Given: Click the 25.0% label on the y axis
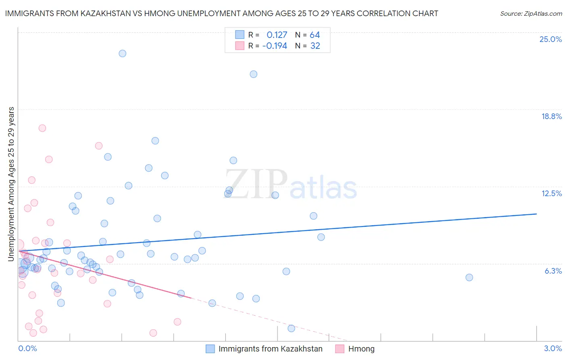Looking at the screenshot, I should [550, 39].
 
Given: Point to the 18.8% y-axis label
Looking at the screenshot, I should [551, 116].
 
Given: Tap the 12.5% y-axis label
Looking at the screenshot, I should [551, 193].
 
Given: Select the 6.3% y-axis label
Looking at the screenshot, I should [553, 271].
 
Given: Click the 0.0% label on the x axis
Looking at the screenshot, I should [27, 348].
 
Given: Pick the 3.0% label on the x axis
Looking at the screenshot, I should [552, 348].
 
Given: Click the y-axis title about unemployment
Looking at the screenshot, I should [11, 184].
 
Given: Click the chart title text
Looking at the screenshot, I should [221, 13].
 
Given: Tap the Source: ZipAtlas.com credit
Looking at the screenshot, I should [531, 13].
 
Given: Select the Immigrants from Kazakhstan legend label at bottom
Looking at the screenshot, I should [270, 349].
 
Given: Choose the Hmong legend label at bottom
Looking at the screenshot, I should [361, 349].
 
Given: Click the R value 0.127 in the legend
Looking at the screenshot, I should [277, 35].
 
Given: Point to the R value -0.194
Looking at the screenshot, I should [275, 46].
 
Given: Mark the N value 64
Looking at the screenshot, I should [315, 35].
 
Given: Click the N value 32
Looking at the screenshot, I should [315, 46].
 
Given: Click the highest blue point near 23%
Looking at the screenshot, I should [122, 53].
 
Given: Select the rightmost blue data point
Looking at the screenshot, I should [469, 277].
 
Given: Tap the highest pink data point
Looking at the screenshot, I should [42, 128].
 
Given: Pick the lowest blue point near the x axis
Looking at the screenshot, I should [291, 328].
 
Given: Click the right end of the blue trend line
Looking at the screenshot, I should [536, 214].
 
